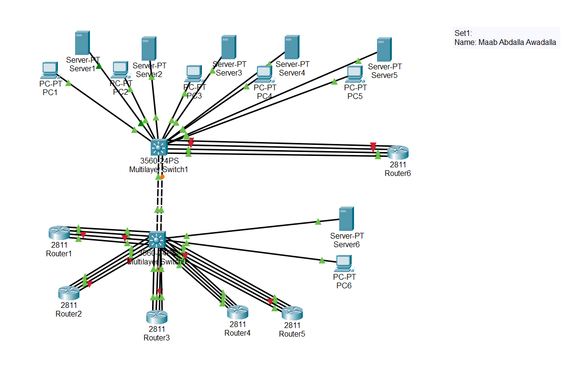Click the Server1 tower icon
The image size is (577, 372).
[82, 43]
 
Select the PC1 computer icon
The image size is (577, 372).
[49, 70]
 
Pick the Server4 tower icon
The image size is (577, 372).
[292, 47]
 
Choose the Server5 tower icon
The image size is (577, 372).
[384, 50]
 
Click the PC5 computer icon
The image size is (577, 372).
[355, 74]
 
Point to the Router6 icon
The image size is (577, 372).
[398, 153]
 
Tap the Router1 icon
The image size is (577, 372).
[59, 233]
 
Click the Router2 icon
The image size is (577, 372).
[69, 293]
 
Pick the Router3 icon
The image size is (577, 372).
[156, 317]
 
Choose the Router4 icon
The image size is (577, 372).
[237, 313]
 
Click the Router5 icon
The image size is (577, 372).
[292, 313]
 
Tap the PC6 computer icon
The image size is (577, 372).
[344, 263]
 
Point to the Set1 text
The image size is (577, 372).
[463, 33]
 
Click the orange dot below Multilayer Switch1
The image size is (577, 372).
[162, 177]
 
